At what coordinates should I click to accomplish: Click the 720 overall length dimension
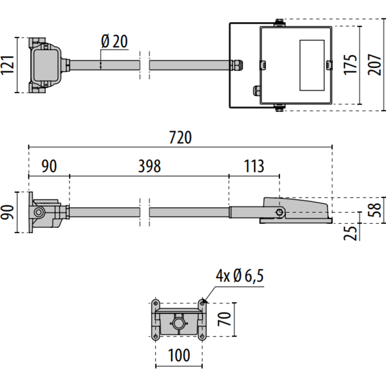point(180,138)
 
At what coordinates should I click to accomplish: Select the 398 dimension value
point(149,166)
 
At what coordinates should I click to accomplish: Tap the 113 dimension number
point(254,166)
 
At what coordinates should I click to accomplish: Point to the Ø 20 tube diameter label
point(114,41)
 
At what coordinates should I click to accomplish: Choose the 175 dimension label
point(350,64)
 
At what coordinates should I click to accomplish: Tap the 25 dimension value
point(356,232)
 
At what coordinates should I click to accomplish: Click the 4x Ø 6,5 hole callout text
point(239,275)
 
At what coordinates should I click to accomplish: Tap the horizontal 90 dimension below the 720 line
point(49,166)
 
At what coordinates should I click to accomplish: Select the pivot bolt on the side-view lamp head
point(279,212)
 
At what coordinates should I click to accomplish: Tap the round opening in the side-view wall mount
point(39,212)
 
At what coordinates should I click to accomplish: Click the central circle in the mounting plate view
point(179,322)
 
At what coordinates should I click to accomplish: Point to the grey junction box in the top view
point(46,65)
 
